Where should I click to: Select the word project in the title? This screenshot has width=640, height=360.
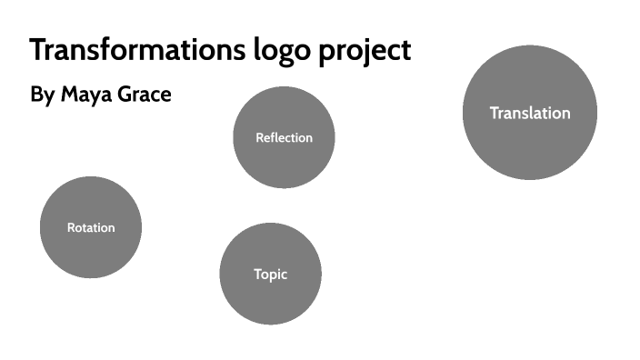pyautogui.click(x=365, y=52)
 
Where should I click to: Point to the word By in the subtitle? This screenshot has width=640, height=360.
pyautogui.click(x=42, y=95)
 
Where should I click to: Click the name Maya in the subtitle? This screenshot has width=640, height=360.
pyautogui.click(x=87, y=95)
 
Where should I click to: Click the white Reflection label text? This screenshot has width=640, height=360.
pyautogui.click(x=284, y=138)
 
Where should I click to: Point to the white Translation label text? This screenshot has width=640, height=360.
pyautogui.click(x=530, y=114)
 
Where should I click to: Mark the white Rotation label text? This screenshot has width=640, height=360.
pyautogui.click(x=91, y=228)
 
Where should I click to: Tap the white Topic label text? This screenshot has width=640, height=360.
pyautogui.click(x=271, y=274)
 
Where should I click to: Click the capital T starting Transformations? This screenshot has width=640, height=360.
pyautogui.click(x=39, y=50)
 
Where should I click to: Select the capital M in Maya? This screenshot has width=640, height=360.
pyautogui.click(x=69, y=94)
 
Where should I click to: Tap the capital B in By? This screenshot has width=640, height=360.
pyautogui.click(x=36, y=94)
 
